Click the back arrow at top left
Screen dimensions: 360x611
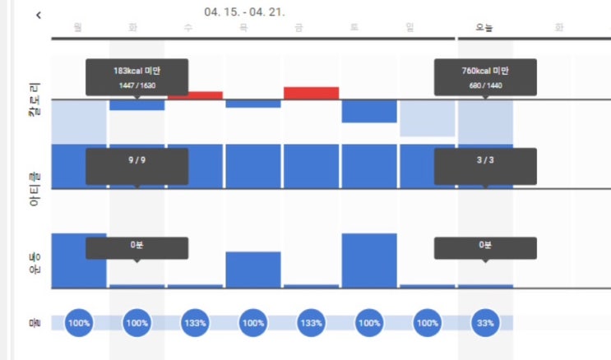click(x=39, y=16)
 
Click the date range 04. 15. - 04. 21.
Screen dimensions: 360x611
click(x=244, y=12)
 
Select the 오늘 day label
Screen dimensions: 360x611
click(x=484, y=28)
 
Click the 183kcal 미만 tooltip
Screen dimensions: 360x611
click(x=137, y=76)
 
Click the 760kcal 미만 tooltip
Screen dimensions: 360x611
click(x=485, y=76)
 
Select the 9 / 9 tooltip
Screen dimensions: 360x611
click(x=137, y=166)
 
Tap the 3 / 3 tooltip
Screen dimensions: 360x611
click(x=485, y=166)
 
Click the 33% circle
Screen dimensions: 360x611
click(x=485, y=323)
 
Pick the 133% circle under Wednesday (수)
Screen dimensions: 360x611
click(x=195, y=323)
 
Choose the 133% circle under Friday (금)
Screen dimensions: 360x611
click(x=311, y=323)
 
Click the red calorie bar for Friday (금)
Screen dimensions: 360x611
click(x=311, y=93)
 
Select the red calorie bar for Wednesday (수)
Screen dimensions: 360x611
click(x=195, y=95)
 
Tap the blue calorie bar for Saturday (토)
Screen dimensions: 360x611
click(x=369, y=111)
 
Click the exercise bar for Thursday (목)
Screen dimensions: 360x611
click(x=253, y=270)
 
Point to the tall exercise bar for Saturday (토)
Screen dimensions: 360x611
click(x=369, y=261)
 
